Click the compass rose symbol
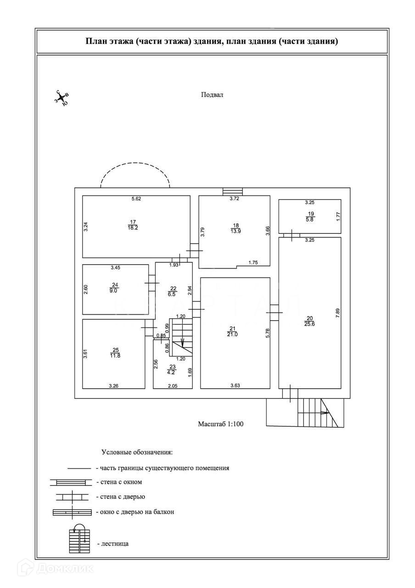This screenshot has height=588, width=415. click(62, 97)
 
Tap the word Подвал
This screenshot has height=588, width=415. click(212, 95)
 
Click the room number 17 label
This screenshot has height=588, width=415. click(134, 222)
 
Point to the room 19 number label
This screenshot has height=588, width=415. click(311, 213)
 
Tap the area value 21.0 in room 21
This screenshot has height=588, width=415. click(232, 334)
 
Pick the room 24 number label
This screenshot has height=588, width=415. click(115, 285)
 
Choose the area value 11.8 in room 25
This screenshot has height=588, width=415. click(115, 355)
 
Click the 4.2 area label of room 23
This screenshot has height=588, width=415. click(172, 373)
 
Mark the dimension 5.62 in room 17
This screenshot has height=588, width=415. click(136, 199)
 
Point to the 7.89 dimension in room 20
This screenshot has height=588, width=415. click(337, 313)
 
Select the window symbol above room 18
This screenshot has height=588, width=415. click(233, 192)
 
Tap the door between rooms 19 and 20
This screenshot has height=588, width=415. click(292, 235)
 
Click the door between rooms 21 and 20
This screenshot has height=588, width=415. click(275, 313)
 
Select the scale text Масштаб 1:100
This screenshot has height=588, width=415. click(220, 424)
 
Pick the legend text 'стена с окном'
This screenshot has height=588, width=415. click(119, 482)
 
